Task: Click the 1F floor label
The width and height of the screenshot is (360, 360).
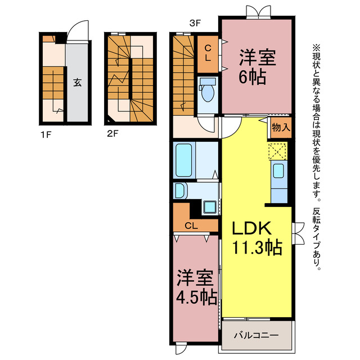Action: coord(46,135)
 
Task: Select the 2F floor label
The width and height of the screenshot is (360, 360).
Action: coord(112,133)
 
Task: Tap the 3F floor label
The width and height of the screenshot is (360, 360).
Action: coord(195,23)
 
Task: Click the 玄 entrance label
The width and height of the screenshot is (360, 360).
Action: coord(78,82)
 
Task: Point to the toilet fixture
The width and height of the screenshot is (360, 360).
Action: coord(208,90)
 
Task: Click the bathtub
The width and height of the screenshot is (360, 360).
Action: coord(184,160)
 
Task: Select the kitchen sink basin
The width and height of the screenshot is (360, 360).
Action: coord(278,171)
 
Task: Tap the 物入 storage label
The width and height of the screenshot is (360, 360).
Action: coord(281,127)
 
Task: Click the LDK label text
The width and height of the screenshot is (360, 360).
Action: coord(251,228)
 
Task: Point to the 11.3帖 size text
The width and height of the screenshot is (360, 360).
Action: coord(257,247)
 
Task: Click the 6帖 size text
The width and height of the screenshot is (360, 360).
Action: coord(253,77)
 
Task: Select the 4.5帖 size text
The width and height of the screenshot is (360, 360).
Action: coord(196,297)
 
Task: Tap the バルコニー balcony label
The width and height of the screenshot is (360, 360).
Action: coord(256,335)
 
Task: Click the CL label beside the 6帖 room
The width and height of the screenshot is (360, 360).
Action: coord(208,53)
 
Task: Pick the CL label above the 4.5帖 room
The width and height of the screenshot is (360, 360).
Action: coord(191,226)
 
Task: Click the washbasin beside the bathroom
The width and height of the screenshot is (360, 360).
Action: coord(181,191)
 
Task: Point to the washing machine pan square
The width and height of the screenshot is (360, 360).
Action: coord(210,208)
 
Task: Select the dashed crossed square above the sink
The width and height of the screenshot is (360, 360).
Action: coord(277,151)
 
